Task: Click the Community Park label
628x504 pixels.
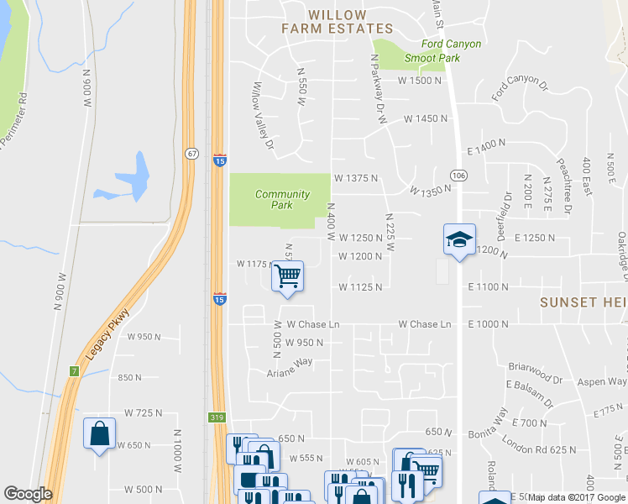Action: click(282, 199)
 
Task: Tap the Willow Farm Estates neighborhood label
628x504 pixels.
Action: click(337, 22)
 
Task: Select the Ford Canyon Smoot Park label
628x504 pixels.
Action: click(431, 51)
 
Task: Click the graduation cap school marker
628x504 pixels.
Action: click(459, 239)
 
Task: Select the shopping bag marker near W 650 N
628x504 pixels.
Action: click(99, 433)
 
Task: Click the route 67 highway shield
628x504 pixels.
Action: click(191, 153)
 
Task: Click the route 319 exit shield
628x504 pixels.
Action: click(217, 417)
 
